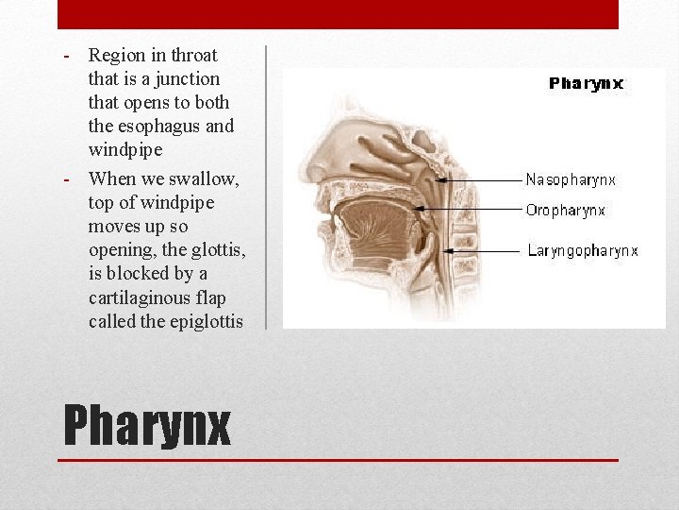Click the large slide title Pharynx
pyautogui.click(x=147, y=425)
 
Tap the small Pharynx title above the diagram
pyautogui.click(x=586, y=83)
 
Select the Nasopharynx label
pyautogui.click(x=571, y=178)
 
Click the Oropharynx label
pyautogui.click(x=566, y=211)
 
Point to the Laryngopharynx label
pyautogui.click(x=582, y=251)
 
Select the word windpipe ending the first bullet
pyautogui.click(x=124, y=150)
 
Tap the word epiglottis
pyautogui.click(x=200, y=322)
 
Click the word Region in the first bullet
pyautogui.click(x=115, y=56)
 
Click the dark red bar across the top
pyautogui.click(x=338, y=14)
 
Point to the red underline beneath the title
pyautogui.click(x=338, y=460)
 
